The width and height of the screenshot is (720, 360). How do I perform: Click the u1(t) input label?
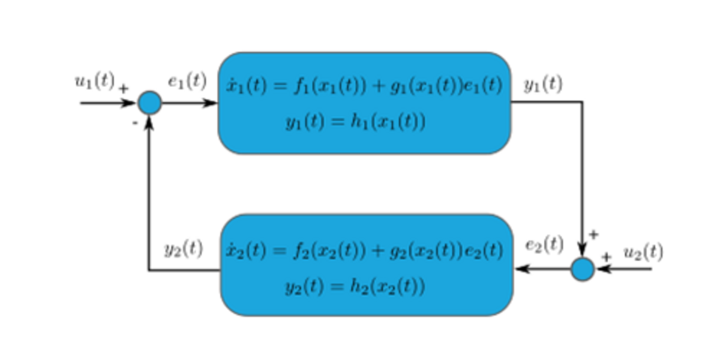(x=94, y=82)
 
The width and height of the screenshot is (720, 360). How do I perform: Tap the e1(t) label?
(x=187, y=82)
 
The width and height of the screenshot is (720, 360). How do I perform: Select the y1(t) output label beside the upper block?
(x=543, y=85)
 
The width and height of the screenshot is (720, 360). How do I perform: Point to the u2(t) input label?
(x=643, y=253)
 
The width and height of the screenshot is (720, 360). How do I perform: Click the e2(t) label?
(x=544, y=244)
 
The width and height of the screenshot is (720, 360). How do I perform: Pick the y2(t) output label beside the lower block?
(x=184, y=248)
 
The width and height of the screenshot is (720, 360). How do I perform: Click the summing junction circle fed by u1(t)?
(x=149, y=103)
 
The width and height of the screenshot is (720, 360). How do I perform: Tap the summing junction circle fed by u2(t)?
(x=582, y=269)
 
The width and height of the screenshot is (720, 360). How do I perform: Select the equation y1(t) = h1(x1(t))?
(x=355, y=122)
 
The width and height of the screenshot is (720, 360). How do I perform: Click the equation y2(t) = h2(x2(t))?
(x=355, y=287)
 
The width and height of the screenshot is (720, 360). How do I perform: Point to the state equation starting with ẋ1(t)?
(x=364, y=86)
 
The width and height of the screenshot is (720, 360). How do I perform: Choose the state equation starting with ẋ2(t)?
(x=364, y=251)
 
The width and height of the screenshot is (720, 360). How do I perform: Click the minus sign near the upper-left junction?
(x=136, y=122)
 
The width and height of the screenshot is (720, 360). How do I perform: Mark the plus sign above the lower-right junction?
(x=593, y=235)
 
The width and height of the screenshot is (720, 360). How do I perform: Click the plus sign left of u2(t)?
(x=606, y=256)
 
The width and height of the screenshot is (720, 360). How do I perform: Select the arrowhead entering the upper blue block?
(x=211, y=103)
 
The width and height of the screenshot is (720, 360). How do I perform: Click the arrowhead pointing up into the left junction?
(x=149, y=121)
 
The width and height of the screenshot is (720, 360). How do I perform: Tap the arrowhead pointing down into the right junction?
(x=582, y=251)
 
